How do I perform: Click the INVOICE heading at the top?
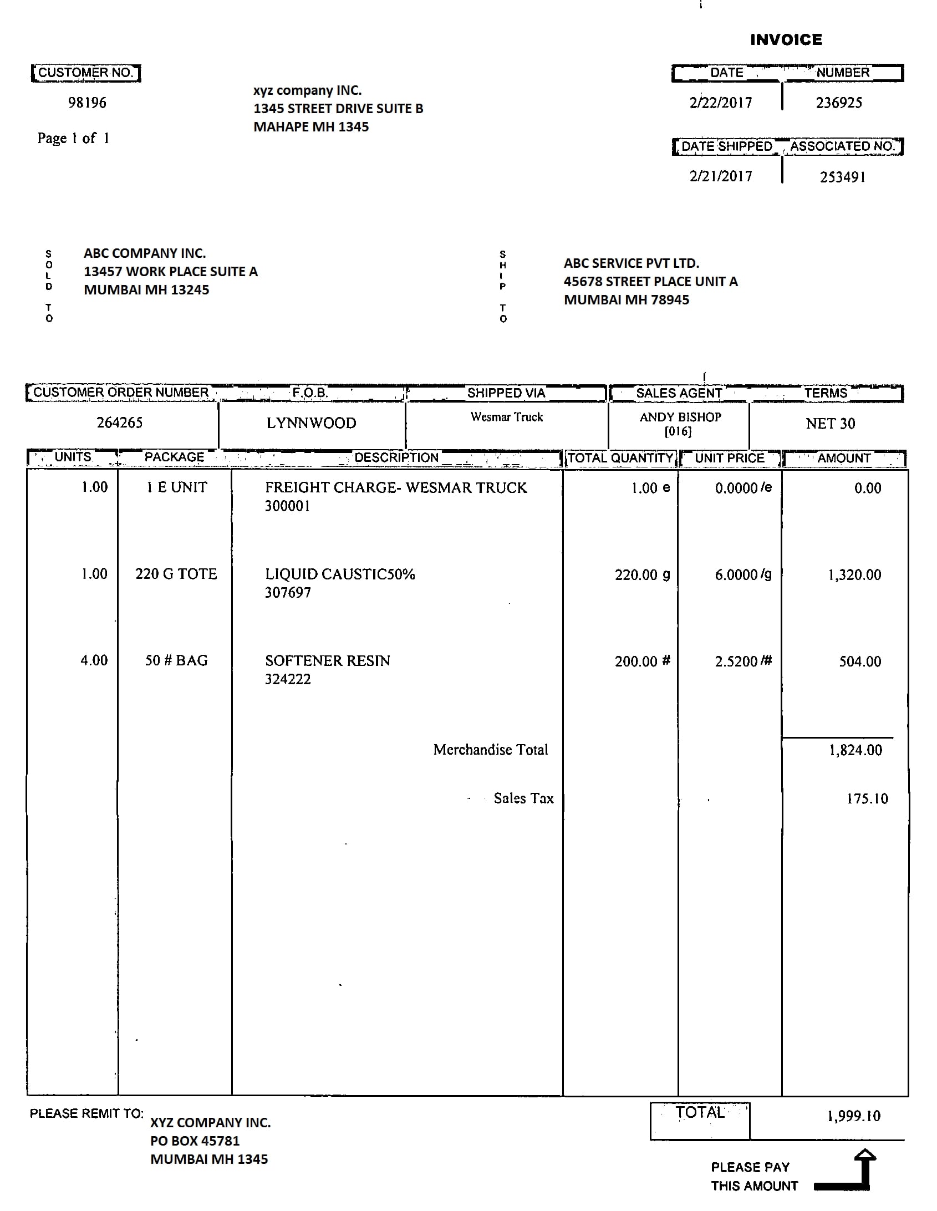click(x=786, y=39)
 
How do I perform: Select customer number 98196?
click(x=87, y=103)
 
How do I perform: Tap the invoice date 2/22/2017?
click(x=720, y=103)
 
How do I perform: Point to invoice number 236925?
click(x=838, y=103)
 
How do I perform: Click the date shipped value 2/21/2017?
click(x=720, y=176)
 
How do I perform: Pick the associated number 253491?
click(x=842, y=177)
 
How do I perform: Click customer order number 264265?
click(x=120, y=423)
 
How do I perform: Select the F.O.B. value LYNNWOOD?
click(x=311, y=423)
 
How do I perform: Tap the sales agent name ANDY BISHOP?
click(x=680, y=417)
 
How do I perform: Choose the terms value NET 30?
click(x=830, y=424)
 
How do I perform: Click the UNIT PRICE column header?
click(x=729, y=458)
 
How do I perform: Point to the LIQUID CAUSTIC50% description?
click(x=340, y=574)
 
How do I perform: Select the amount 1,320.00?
click(x=854, y=575)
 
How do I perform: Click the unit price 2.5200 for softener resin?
click(x=736, y=662)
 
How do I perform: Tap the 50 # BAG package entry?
click(x=176, y=660)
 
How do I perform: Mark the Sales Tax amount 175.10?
click(x=867, y=798)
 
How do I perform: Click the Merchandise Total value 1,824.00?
click(x=855, y=750)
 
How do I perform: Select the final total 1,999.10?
click(x=854, y=1116)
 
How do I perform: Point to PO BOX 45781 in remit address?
click(x=195, y=1141)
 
